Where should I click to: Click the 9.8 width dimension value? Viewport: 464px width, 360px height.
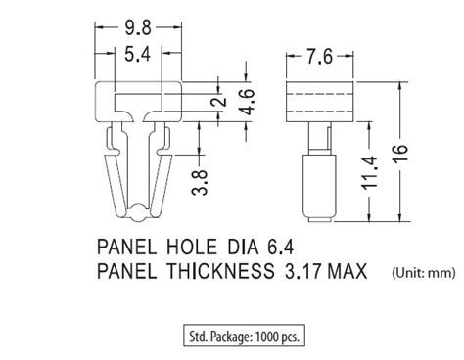coord(138,27)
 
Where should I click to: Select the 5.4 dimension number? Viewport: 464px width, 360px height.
coord(138,54)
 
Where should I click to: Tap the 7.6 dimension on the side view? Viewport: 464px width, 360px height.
coord(319,57)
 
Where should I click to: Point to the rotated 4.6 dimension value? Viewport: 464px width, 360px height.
coord(247,102)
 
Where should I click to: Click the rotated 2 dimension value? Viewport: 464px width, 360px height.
coord(219,100)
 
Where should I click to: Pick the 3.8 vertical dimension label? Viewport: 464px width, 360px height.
coord(200,183)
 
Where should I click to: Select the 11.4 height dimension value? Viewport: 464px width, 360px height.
coord(369,173)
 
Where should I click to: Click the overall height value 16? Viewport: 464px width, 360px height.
coord(400,153)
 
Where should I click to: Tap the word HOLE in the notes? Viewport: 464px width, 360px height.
coord(192,247)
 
